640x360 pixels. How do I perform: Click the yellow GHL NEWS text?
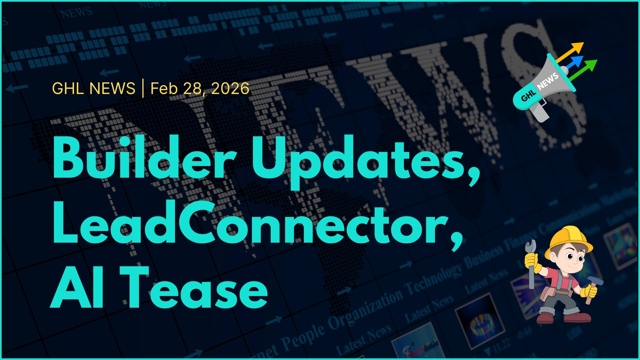(x=94, y=88)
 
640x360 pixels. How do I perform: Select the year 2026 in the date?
(x=230, y=88)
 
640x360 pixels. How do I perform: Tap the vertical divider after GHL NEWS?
(x=143, y=88)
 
